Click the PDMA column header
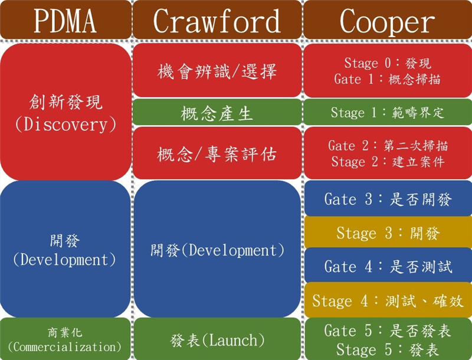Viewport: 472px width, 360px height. coord(65,21)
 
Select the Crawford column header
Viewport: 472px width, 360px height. coord(217,21)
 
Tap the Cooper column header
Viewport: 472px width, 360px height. coord(388,21)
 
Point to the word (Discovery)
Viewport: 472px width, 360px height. coord(65,125)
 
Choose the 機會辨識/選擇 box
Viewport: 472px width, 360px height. coord(217,71)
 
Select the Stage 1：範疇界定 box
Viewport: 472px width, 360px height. coord(388,113)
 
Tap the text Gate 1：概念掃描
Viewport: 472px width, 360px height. coord(388,79)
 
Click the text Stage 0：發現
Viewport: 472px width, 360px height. coord(388,63)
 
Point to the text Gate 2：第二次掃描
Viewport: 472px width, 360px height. coord(388,145)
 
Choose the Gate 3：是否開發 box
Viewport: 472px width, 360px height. coord(388,199)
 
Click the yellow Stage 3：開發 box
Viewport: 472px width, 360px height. coord(388,233)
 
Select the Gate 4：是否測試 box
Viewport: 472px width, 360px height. coord(388,266)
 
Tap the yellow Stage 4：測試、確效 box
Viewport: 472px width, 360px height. coord(388,300)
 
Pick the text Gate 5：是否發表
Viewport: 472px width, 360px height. coord(388,331)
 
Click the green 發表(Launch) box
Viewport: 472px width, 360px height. coord(217,340)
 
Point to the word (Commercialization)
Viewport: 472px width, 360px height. coord(65,347)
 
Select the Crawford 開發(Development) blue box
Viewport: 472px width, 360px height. coord(217,250)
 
